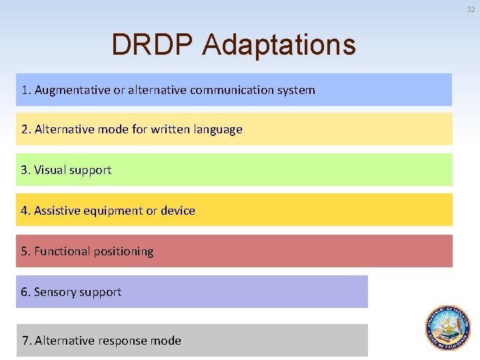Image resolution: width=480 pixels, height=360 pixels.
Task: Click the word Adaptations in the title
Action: click(x=279, y=45)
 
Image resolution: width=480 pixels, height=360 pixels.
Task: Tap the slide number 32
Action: click(x=471, y=9)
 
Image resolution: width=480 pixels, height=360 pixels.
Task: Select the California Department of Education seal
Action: click(x=448, y=328)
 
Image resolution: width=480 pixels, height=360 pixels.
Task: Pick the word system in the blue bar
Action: click(x=299, y=90)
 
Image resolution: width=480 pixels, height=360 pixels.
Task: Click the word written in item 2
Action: click(x=170, y=129)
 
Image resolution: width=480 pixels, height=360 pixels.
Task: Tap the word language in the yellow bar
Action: click(x=218, y=130)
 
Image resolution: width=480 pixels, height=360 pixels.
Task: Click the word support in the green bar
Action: click(x=91, y=171)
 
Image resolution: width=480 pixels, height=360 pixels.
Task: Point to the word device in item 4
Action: click(x=177, y=211)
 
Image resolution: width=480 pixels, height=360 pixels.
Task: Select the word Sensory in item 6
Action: click(x=53, y=292)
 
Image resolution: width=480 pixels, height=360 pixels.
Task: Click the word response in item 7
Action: click(x=123, y=341)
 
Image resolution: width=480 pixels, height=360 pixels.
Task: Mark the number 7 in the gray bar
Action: click(x=25, y=341)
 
